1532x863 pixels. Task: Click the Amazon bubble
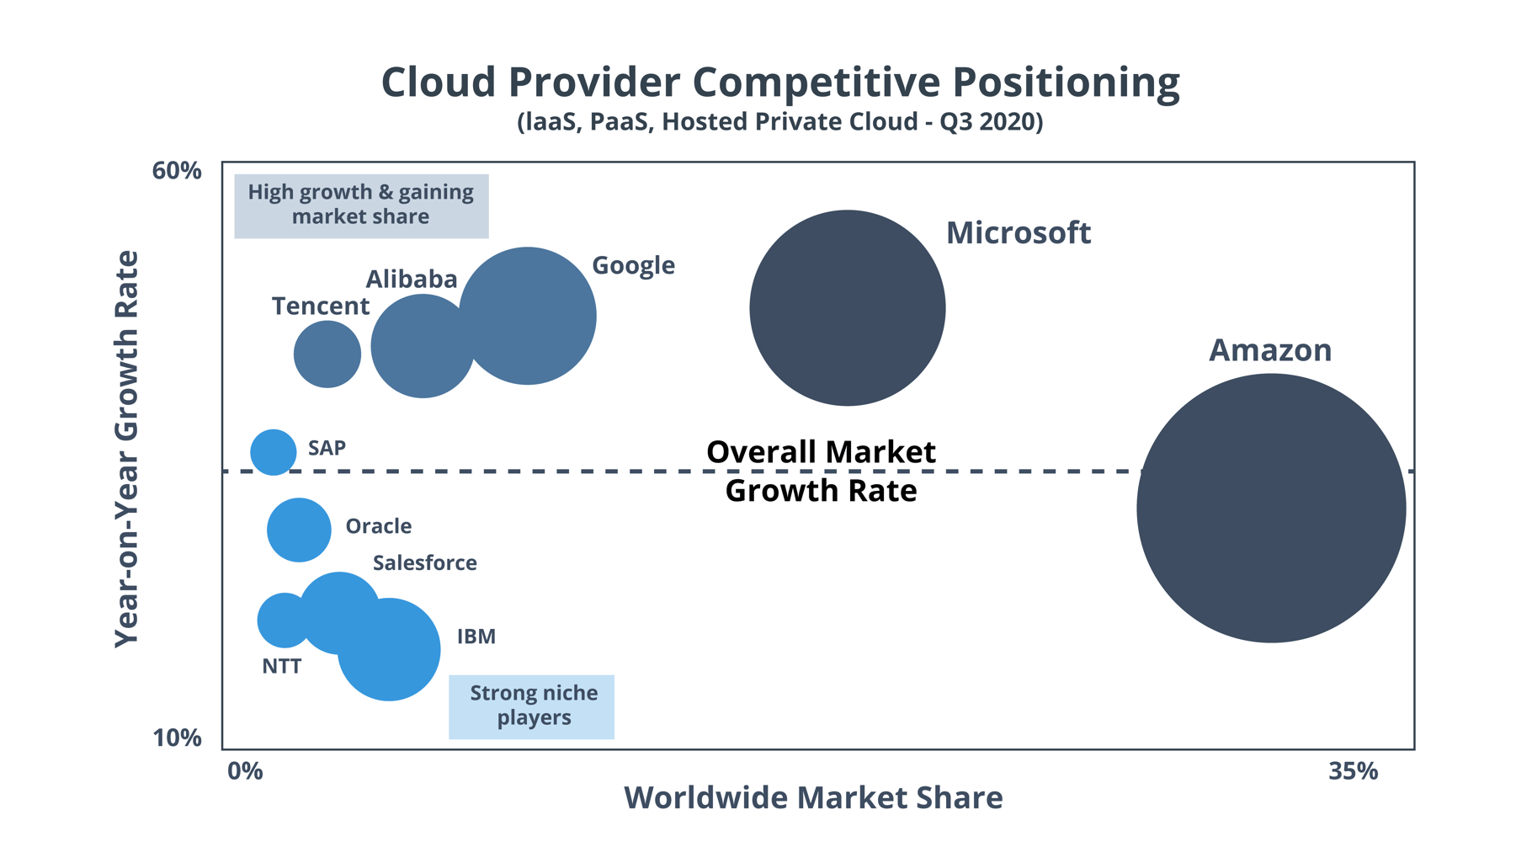pos(1271,508)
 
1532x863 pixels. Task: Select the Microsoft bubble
pos(847,308)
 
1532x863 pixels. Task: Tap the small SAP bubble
pos(274,452)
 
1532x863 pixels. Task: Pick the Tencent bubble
pos(327,354)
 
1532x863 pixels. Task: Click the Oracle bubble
pos(299,530)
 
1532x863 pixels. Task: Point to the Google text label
pos(633,265)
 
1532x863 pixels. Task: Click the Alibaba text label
pos(411,279)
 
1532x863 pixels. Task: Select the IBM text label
pos(476,637)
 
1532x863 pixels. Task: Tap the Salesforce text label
pos(424,562)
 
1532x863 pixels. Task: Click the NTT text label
pos(281,666)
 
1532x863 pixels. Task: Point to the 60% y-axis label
pos(177,171)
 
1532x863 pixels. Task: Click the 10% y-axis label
pos(177,738)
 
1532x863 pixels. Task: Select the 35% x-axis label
pos(1353,771)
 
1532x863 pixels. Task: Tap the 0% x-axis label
pos(245,771)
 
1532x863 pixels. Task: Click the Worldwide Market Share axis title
pos(812,797)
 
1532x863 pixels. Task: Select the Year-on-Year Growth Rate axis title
pos(126,449)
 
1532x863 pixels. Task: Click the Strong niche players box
pos(531,706)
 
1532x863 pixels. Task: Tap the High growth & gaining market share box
pos(361,205)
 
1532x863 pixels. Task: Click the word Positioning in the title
pos(1066,83)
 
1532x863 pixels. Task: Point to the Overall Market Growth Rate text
pos(820,471)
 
